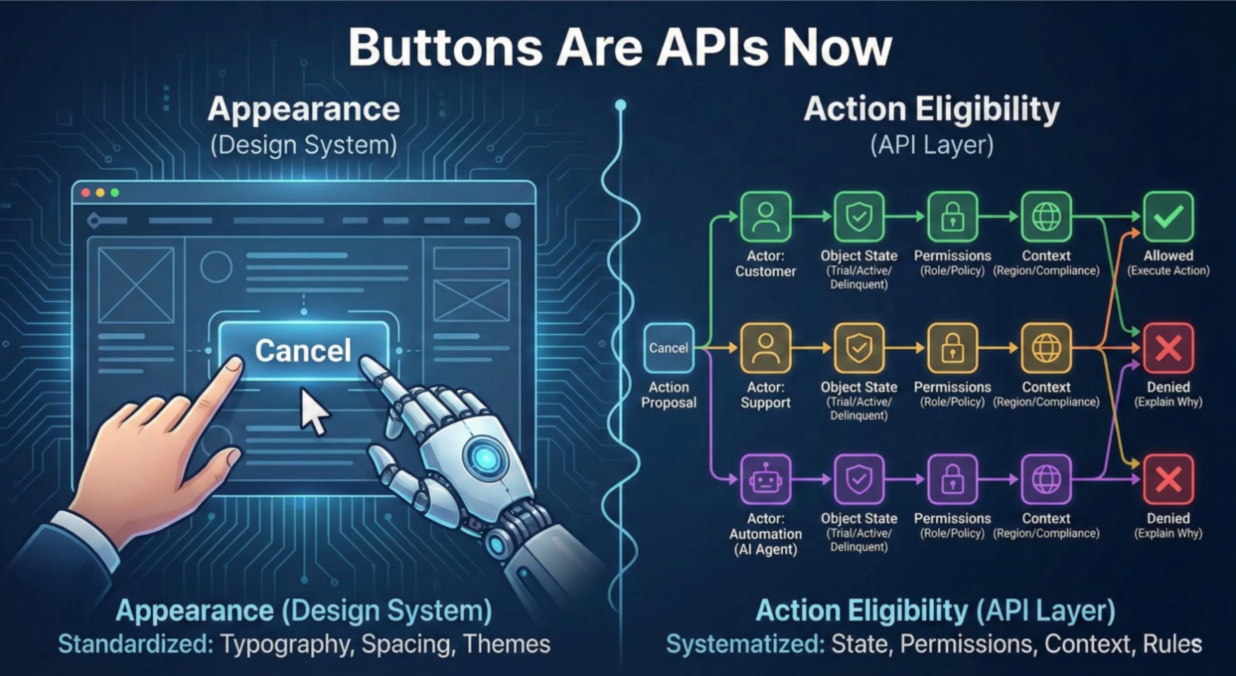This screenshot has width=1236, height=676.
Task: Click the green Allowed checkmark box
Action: click(1168, 217)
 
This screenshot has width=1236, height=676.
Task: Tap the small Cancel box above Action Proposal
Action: click(668, 348)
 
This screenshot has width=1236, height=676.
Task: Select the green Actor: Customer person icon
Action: click(765, 217)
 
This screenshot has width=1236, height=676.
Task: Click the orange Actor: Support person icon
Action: click(765, 348)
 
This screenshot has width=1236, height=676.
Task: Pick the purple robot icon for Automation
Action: click(765, 479)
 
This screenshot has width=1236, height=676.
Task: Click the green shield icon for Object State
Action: click(859, 217)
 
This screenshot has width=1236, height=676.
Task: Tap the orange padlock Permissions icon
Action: click(952, 348)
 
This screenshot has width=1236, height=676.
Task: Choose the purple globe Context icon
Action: click(1046, 479)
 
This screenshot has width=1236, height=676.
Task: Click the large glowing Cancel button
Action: click(303, 350)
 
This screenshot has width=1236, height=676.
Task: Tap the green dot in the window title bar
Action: click(114, 193)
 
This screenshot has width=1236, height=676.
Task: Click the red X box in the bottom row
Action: click(1168, 479)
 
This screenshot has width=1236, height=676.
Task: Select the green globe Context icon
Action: click(1046, 217)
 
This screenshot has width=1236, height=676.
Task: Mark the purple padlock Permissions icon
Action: click(952, 479)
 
